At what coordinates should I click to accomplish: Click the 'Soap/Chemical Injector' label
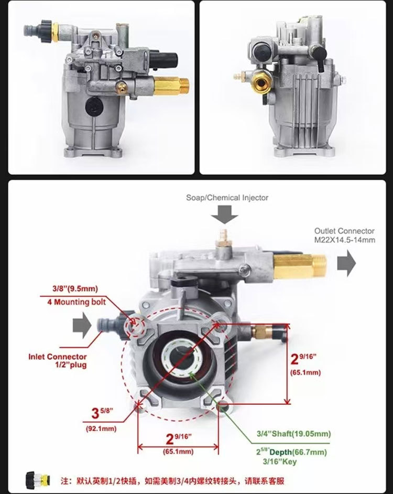click(227, 198)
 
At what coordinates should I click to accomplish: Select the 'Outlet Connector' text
click(344, 231)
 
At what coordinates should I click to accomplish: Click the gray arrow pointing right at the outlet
click(346, 263)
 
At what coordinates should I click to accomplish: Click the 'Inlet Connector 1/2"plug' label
click(58, 361)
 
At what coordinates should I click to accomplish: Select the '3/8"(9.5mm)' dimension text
click(75, 288)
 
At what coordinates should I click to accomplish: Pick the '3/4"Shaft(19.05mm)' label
click(293, 434)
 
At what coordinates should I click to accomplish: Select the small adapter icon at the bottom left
click(38, 479)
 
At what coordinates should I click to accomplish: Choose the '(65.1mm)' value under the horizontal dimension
click(178, 452)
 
